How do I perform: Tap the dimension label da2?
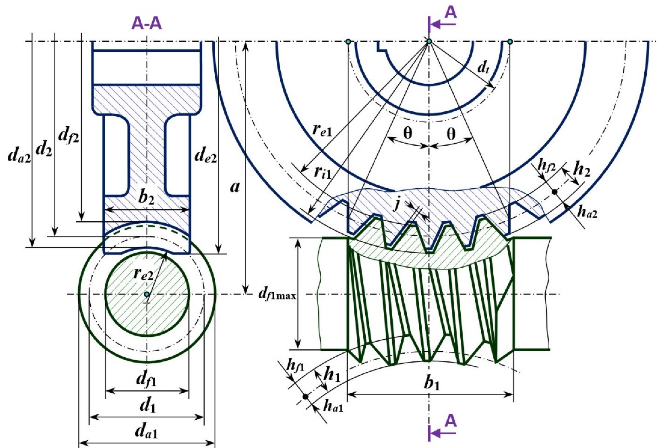point(19,157)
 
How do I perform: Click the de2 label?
point(205,156)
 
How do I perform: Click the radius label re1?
point(322,130)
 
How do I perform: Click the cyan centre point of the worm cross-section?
point(147,294)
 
